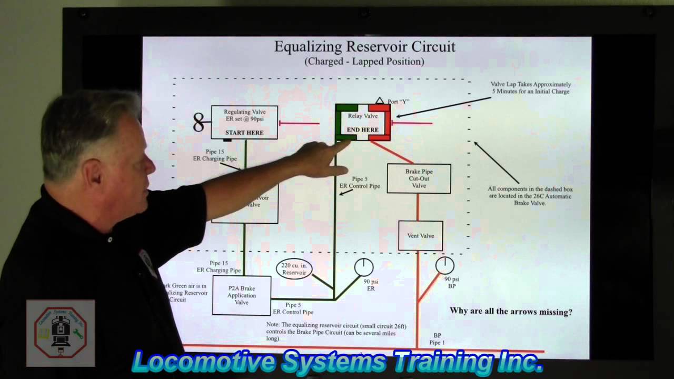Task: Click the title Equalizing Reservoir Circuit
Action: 364,46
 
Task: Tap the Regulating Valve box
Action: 244,122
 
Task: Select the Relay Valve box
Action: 363,122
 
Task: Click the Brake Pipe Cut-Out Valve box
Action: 419,178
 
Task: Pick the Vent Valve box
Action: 420,236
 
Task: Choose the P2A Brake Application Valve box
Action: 242,295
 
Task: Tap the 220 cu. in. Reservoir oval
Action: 294,269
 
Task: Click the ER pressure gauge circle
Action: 364,267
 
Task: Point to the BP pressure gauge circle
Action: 445,265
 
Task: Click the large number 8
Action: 199,123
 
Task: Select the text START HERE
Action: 244,133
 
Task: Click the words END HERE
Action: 362,130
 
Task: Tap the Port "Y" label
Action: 398,102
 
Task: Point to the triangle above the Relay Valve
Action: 380,101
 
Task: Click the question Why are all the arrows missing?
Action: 511,312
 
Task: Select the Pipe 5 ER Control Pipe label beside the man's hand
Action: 360,183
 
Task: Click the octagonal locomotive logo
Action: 61,334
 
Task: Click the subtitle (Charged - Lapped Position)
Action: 364,62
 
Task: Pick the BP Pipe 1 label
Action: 437,339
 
